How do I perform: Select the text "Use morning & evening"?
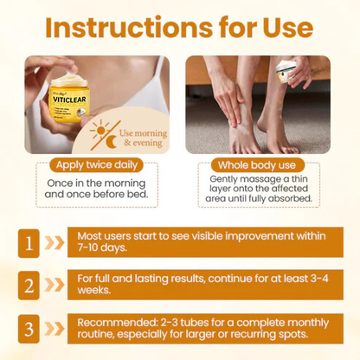(142, 133)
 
